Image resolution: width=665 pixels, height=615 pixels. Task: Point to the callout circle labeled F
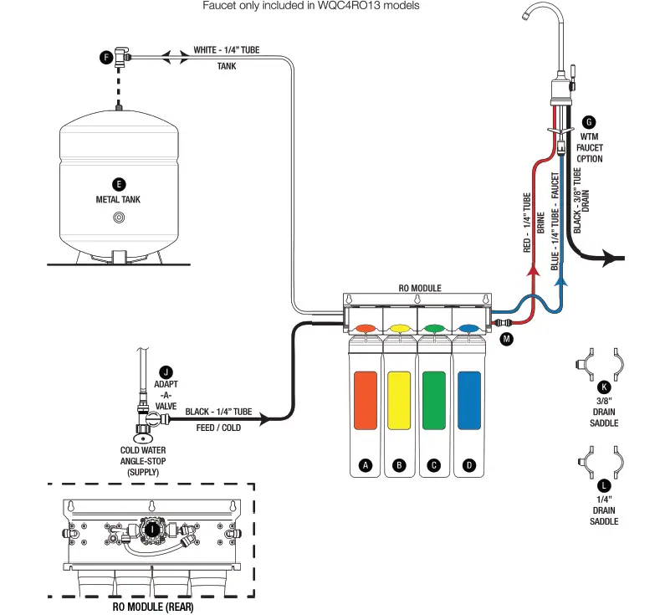click(x=105, y=57)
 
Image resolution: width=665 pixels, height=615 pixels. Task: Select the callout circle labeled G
click(x=589, y=121)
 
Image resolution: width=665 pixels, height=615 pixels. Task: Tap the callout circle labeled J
click(x=166, y=372)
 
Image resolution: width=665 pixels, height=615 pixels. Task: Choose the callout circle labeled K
click(x=603, y=387)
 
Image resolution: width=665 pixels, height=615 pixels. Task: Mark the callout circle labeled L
click(x=604, y=485)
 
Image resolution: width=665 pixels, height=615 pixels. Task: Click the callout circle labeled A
click(x=365, y=465)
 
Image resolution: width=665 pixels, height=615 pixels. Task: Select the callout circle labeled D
click(x=469, y=465)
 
